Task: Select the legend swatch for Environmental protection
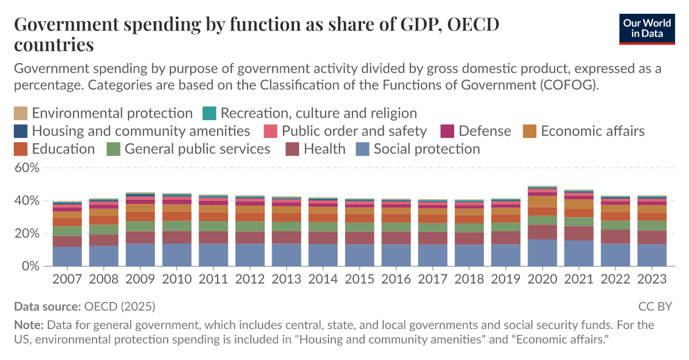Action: [x=20, y=113]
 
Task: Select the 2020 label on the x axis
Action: [x=543, y=279]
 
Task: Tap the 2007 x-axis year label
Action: [x=67, y=279]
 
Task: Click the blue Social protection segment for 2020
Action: [x=543, y=253]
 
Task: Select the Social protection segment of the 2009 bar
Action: [x=140, y=255]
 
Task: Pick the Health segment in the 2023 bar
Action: [x=652, y=237]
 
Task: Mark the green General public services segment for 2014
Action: [x=323, y=227]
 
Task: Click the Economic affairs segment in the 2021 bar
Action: [x=579, y=204]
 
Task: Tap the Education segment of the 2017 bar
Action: [x=433, y=219]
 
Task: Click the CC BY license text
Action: [x=655, y=306]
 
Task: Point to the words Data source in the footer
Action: [x=47, y=306]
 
